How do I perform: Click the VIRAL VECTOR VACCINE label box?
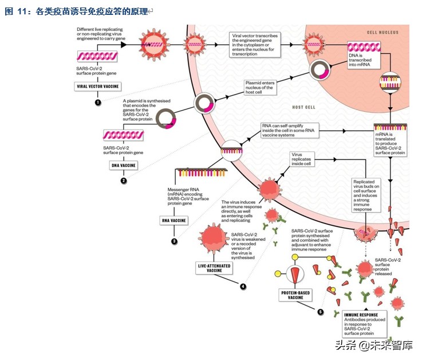coord(98,87)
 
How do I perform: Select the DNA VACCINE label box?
coord(123,165)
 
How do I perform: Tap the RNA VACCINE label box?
coord(175,219)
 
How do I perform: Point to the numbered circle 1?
coord(98,102)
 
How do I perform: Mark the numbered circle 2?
coord(123,181)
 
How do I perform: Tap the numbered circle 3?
coord(174,241)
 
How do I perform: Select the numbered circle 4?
coord(243,286)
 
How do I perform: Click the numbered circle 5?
coord(321,312)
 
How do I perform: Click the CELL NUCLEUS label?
coord(381,33)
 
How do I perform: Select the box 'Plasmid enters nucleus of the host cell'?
coord(261,87)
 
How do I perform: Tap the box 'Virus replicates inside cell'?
coord(302,158)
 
